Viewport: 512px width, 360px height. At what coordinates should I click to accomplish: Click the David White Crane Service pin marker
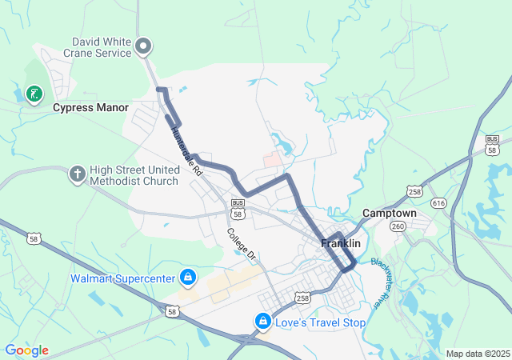point(144,46)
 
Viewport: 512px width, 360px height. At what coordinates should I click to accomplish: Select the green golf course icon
point(33,94)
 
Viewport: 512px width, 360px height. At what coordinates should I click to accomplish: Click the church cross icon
point(77,174)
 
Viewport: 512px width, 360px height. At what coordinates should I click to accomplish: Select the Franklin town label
point(341,242)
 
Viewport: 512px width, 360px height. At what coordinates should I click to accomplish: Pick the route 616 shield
point(438,203)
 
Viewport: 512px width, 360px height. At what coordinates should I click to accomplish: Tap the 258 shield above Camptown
point(414,192)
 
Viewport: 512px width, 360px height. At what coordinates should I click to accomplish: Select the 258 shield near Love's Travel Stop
point(302,298)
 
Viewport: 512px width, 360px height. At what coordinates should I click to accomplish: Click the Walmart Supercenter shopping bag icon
point(187,278)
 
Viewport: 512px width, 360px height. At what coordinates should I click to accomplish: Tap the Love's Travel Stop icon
point(262,322)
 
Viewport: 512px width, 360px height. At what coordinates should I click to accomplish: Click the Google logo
point(26,350)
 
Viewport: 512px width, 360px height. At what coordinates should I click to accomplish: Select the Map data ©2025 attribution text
point(478,354)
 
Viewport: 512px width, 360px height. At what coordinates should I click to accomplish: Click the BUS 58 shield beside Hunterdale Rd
point(238,206)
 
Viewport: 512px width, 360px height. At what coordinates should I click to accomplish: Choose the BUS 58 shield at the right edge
point(492,145)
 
